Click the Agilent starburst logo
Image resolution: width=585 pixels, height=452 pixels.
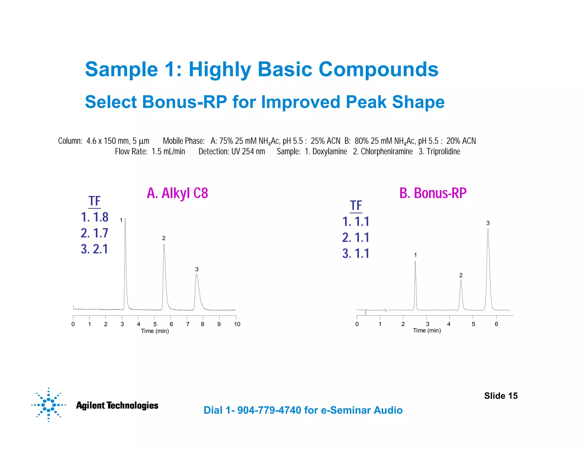48,405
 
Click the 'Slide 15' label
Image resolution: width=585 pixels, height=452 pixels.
500,396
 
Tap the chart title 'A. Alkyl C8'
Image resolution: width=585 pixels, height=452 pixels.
177,193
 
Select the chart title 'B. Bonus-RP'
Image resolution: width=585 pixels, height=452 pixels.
433,193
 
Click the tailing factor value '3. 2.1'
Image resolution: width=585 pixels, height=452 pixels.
95,249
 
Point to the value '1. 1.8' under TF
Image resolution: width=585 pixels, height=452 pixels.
95,217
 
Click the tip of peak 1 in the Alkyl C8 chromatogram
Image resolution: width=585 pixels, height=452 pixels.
125,219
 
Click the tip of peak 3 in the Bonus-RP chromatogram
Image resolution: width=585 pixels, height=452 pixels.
488,229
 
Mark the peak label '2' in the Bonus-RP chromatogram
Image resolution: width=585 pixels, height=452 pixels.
461,275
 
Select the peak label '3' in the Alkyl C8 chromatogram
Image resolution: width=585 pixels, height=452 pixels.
197,269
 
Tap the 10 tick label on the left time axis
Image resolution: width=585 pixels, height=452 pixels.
237,324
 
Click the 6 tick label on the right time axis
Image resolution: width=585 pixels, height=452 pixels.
496,324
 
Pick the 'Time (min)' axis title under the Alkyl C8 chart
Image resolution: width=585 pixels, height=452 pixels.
155,331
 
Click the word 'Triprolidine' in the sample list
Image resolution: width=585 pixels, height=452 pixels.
443,151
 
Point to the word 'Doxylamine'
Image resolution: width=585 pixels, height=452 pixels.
330,151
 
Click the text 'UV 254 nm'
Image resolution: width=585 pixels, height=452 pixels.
248,151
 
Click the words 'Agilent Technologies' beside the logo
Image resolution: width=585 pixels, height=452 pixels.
117,405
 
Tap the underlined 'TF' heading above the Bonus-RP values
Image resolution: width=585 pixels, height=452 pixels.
356,206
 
